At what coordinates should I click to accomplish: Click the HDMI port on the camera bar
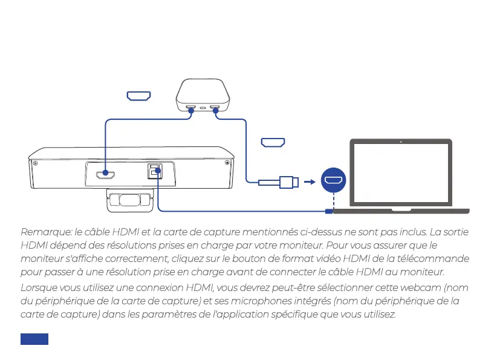pos(106,175)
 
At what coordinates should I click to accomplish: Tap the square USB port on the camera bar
pos(155,172)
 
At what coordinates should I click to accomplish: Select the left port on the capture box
pos(191,109)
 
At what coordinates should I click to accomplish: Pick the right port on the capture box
pos(215,109)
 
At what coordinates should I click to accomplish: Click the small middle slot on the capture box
pos(203,109)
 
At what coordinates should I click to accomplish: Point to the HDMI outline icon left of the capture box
pos(138,96)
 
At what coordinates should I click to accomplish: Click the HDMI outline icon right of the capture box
pos(273,143)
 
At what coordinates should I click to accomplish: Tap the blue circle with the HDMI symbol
pos(333,180)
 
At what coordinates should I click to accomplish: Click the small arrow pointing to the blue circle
pos(310,181)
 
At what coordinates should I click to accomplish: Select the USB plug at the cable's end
pos(288,181)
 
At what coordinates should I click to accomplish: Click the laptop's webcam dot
pos(401,142)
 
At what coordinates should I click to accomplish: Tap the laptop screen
pos(400,174)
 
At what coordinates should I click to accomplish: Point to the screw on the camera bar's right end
pos(227,163)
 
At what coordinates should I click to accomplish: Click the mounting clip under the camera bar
pos(129,201)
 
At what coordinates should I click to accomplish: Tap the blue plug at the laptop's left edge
pos(330,211)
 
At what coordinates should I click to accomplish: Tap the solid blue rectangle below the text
pos(34,339)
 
